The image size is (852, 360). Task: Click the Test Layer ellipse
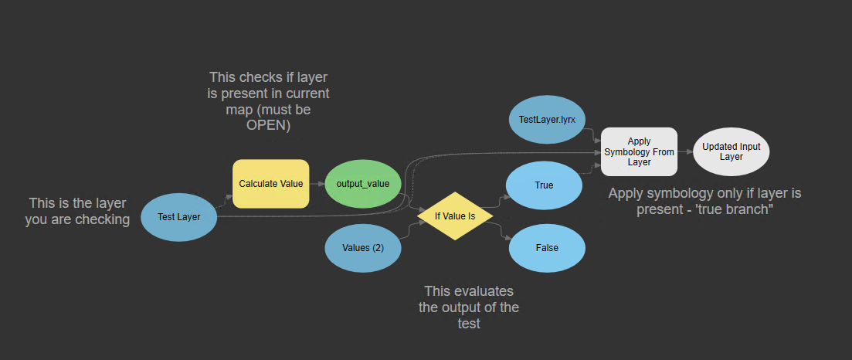[x=178, y=216]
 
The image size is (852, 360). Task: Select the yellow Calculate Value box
[x=270, y=184]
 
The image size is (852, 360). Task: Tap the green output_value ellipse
[x=362, y=184]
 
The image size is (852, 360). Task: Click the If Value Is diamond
[x=455, y=216]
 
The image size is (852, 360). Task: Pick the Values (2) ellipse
[x=362, y=248]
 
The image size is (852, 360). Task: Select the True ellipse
[x=544, y=185]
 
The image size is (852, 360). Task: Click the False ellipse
[x=545, y=248]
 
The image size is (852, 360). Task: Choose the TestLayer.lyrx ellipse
[x=547, y=120]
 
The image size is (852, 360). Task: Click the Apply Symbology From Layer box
[x=639, y=151]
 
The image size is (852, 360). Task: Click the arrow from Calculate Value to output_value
[x=317, y=184]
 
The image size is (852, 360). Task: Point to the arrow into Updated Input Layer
[x=685, y=151]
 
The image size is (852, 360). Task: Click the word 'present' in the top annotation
[x=294, y=93]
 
